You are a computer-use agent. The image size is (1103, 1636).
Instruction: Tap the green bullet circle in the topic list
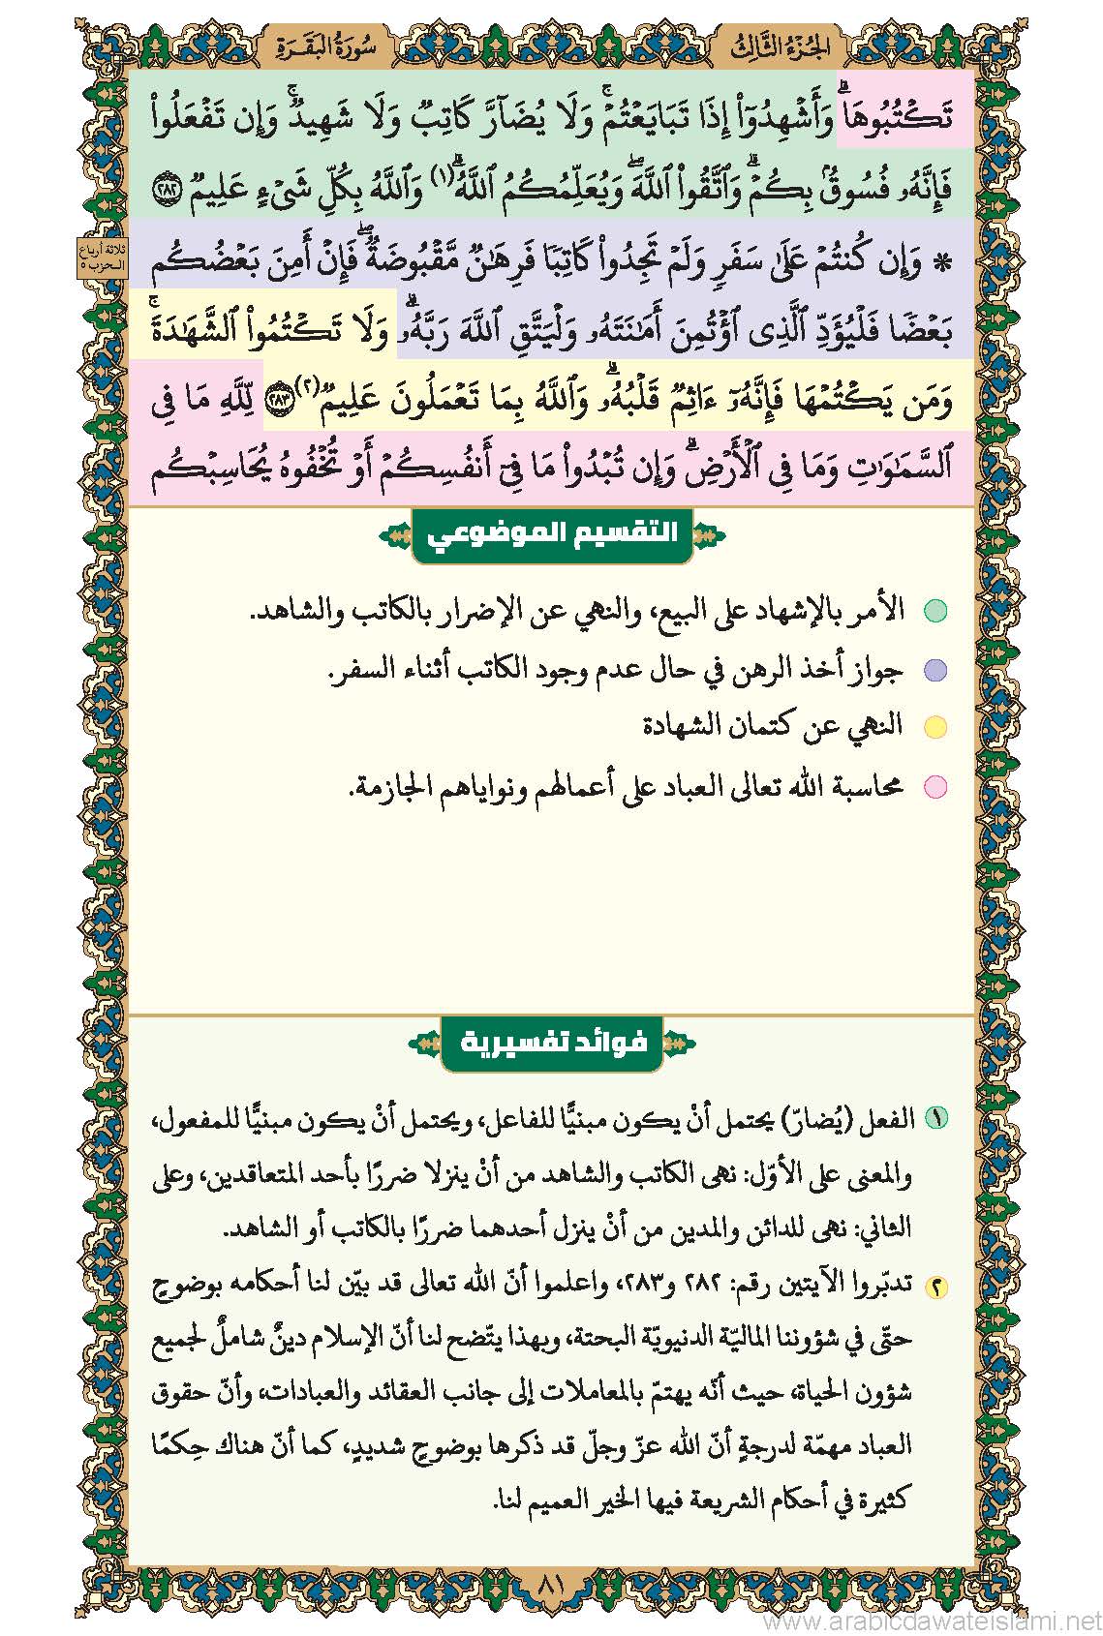point(934,611)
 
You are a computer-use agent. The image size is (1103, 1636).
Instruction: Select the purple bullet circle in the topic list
point(934,670)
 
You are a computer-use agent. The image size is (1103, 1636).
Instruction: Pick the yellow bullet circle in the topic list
point(934,727)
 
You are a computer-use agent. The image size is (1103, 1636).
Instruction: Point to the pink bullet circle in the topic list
point(934,786)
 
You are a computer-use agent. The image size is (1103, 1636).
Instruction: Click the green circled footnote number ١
point(935,1118)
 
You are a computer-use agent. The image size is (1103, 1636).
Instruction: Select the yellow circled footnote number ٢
point(935,1287)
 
